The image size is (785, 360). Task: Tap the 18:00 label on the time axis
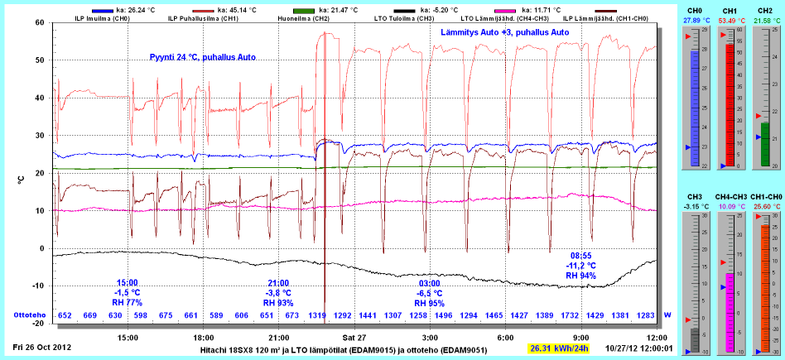pos(204,338)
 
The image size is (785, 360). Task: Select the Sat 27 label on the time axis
pos(354,338)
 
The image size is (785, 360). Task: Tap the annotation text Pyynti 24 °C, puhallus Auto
pos(202,57)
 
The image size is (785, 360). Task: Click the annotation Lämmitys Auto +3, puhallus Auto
pos(504,32)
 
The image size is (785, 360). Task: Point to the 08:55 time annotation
pos(580,255)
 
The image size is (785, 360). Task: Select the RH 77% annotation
pos(128,302)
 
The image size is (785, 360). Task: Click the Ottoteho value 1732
pos(569,316)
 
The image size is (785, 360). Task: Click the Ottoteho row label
pos(30,316)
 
